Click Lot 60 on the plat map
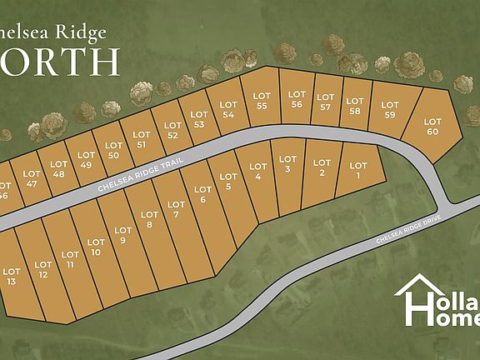click(x=432, y=127)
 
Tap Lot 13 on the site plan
click(x=12, y=277)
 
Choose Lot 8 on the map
click(x=150, y=220)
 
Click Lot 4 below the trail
click(x=257, y=172)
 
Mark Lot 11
click(x=71, y=259)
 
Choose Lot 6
click(x=202, y=195)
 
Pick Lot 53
click(x=198, y=120)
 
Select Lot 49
click(x=85, y=158)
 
